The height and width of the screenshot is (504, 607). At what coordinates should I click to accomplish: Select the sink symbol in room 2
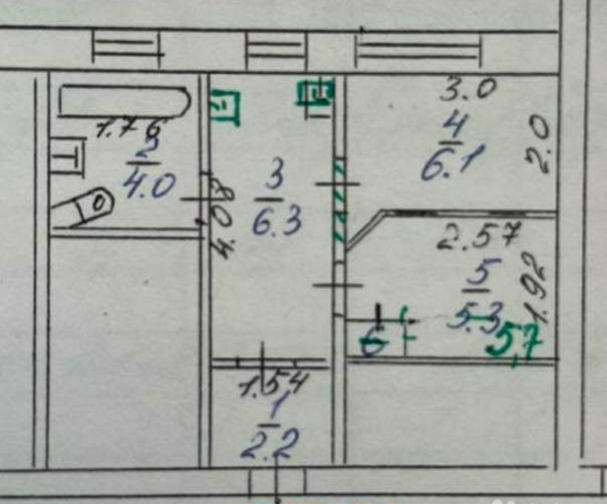click(x=67, y=157)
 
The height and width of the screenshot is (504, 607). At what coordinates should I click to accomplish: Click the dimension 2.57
click(x=478, y=236)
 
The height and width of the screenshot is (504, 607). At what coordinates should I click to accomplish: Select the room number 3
click(x=274, y=181)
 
